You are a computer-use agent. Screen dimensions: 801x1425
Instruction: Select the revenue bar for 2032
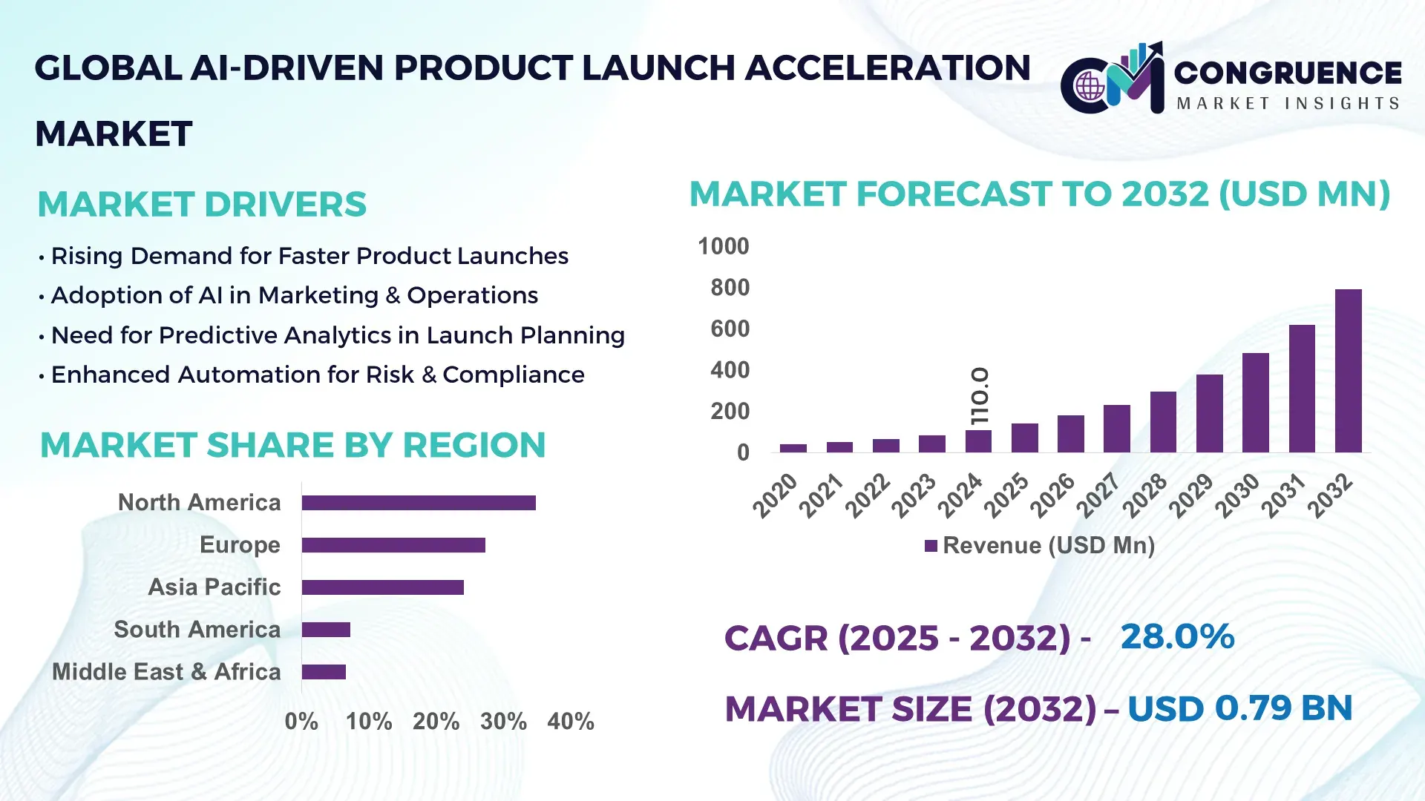1348,371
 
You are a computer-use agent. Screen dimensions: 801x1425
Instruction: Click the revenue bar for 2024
978,441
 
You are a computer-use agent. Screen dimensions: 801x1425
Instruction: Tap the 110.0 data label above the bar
980,396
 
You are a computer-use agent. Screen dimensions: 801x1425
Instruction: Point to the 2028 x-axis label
1144,495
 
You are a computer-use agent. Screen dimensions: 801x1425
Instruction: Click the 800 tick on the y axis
730,288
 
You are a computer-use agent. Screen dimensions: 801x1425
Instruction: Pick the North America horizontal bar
419,503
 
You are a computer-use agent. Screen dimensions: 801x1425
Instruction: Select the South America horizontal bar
326,630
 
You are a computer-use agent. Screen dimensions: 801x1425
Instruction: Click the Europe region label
240,545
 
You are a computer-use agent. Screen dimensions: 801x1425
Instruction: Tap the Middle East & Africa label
166,672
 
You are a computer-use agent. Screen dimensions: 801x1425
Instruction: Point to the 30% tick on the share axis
503,722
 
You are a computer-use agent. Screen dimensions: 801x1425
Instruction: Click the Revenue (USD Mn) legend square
931,547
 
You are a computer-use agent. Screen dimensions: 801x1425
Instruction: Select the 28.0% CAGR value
1177,637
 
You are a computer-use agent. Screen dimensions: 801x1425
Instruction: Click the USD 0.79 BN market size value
1239,708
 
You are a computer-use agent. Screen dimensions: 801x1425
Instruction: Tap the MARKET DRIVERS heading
202,205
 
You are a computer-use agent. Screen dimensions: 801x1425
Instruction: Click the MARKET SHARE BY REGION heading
292,446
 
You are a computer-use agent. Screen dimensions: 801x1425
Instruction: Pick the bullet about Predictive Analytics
338,335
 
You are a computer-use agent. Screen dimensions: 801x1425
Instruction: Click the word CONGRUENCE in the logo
1288,73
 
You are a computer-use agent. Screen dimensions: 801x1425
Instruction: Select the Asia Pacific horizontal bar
382,587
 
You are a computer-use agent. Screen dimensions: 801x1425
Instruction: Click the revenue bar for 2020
793,448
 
